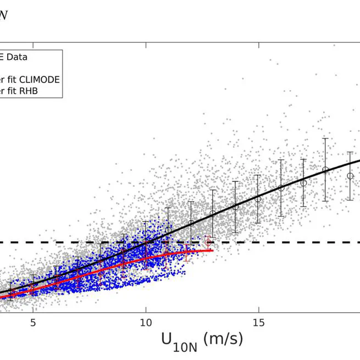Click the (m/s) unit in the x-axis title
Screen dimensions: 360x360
point(223,339)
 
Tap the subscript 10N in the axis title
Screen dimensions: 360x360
point(186,344)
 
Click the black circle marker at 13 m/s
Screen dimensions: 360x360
point(213,214)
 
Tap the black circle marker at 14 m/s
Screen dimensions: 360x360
point(236,207)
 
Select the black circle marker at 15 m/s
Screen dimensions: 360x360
point(258,199)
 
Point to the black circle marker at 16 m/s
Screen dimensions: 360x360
point(281,188)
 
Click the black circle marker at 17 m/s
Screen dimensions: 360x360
point(303,182)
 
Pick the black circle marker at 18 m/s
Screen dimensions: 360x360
point(326,170)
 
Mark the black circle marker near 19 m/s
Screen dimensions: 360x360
point(350,176)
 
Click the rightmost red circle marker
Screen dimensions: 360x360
point(208,242)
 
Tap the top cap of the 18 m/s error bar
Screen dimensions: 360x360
point(326,138)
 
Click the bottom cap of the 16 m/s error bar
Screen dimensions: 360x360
point(281,215)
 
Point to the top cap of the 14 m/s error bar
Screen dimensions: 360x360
point(236,181)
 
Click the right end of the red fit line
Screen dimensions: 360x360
point(212,251)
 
